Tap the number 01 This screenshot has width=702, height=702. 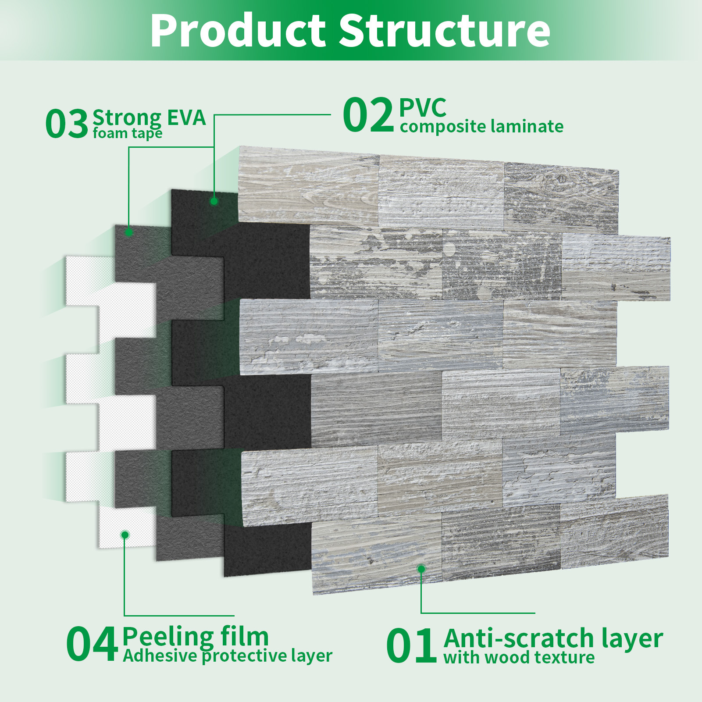pyautogui.click(x=411, y=645)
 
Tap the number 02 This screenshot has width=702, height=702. pyautogui.click(x=368, y=115)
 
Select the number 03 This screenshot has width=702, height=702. pyautogui.click(x=67, y=124)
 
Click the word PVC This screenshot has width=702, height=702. pyautogui.click(x=423, y=107)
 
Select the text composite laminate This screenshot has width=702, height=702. pyautogui.click(x=481, y=127)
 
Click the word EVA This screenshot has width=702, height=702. pyautogui.click(x=186, y=118)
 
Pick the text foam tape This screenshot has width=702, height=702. pyautogui.click(x=128, y=133)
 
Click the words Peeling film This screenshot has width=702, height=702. pyautogui.click(x=196, y=637)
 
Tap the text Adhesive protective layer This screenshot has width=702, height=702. pyautogui.click(x=227, y=656)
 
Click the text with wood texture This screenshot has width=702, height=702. pyautogui.click(x=519, y=658)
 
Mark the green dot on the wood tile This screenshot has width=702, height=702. pyautogui.click(x=421, y=569)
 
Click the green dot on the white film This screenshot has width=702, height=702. pyautogui.click(x=125, y=535)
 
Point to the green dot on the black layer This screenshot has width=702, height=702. pyautogui.click(x=214, y=201)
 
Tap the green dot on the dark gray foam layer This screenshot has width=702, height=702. pyautogui.click(x=129, y=232)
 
